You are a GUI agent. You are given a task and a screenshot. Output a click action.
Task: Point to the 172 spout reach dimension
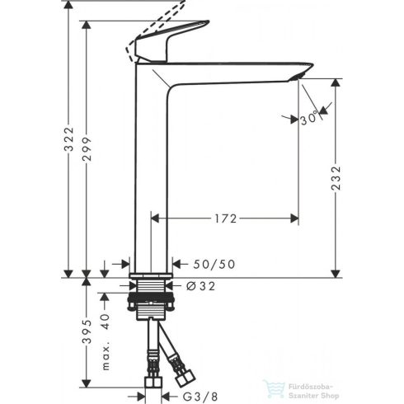point(224,218)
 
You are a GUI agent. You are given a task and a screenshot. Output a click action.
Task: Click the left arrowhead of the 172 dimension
point(154,218)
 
